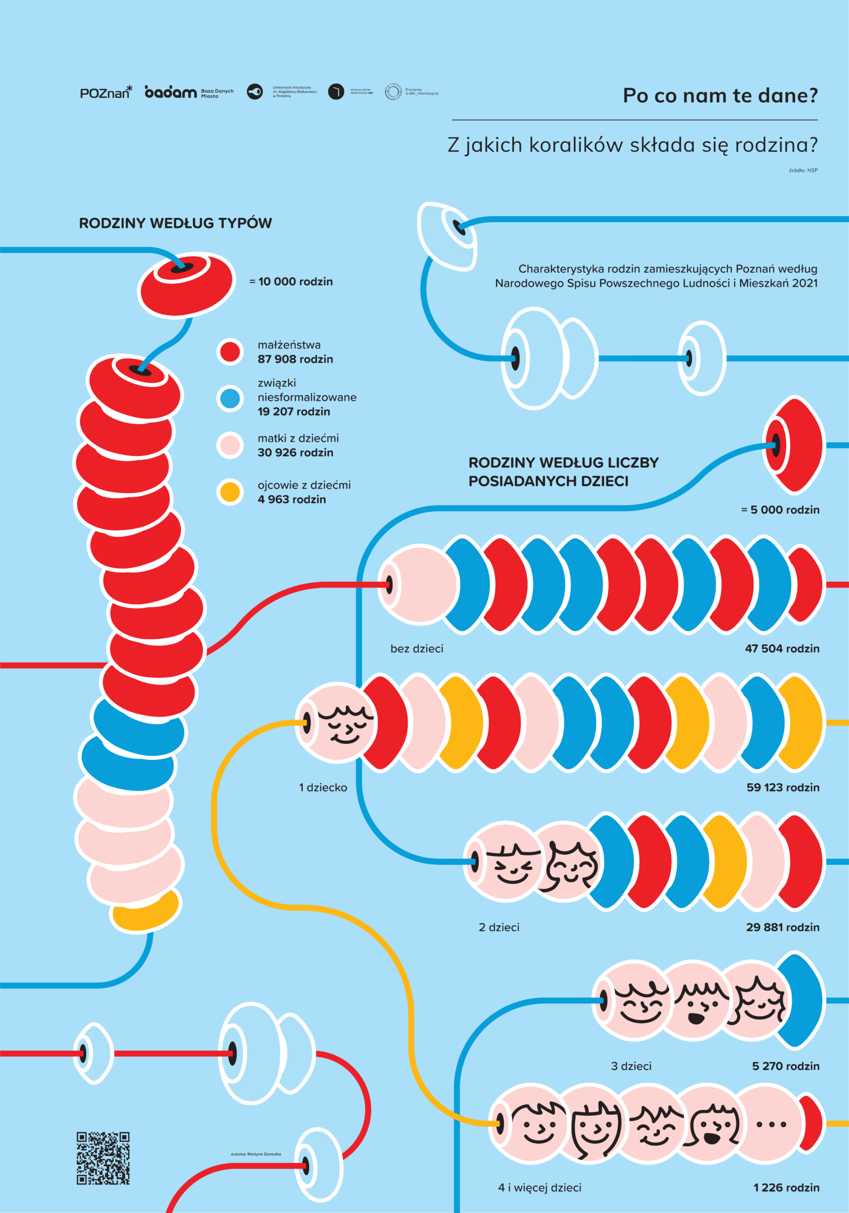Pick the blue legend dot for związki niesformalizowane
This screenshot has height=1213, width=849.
point(230,398)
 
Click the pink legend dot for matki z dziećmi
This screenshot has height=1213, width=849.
point(230,445)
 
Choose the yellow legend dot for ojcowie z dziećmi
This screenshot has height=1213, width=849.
point(230,492)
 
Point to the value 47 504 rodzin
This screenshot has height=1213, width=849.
point(782,648)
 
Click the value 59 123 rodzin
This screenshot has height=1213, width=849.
point(782,787)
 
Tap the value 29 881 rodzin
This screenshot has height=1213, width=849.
point(782,927)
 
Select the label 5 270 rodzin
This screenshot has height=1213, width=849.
point(785,1066)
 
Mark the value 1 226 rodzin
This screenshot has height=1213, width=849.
point(786,1187)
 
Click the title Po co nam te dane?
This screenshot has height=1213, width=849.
point(720,96)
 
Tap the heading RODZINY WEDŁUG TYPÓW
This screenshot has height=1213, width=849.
point(175,223)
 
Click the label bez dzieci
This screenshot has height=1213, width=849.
point(417,648)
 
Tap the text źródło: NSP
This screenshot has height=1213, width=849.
point(803,170)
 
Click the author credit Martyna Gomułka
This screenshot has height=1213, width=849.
point(256,1154)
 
